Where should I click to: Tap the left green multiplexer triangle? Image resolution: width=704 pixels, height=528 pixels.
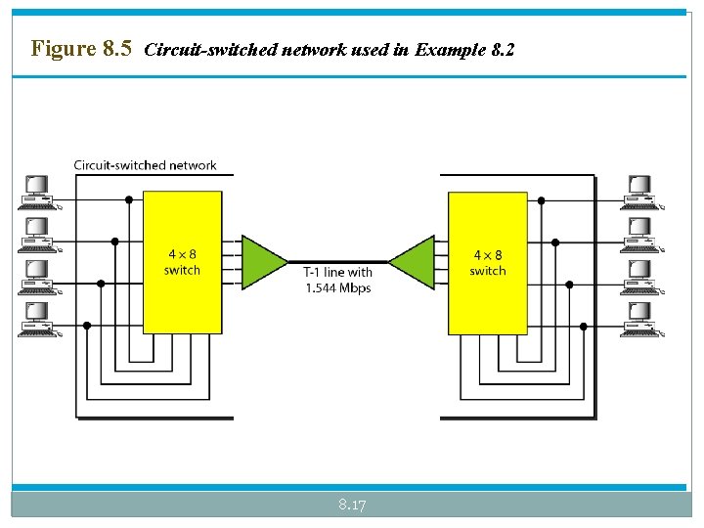click(262, 261)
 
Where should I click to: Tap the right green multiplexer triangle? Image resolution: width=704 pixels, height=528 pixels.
click(412, 261)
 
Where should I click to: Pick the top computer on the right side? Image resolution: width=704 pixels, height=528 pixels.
click(642, 192)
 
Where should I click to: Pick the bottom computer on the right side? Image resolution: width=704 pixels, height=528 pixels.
click(642, 319)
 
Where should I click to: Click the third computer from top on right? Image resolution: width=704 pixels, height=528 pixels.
click(642, 277)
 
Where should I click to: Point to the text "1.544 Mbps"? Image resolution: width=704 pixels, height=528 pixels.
click(338, 288)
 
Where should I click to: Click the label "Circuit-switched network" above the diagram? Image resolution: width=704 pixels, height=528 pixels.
click(146, 165)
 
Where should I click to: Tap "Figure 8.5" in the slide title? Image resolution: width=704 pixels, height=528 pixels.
click(81, 48)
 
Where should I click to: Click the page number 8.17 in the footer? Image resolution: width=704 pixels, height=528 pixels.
click(352, 505)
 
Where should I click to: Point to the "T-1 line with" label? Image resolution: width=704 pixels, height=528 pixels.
click(338, 273)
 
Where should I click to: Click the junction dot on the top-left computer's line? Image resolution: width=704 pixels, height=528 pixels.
click(128, 199)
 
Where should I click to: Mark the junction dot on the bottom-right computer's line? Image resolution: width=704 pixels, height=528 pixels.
click(584, 326)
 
